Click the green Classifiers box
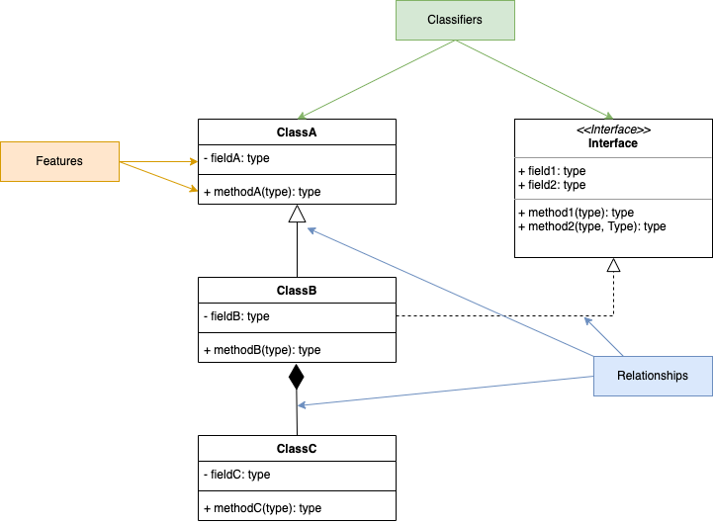455,20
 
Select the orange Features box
59,161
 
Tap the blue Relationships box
653,376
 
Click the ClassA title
297,131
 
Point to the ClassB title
297,291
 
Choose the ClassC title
297,449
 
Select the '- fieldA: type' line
236,158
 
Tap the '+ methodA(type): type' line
262,192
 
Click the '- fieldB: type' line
236,316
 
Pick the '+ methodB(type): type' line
262,350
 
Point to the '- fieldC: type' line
236,475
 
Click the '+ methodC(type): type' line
262,508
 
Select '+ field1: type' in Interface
552,171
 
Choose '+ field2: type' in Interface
552,185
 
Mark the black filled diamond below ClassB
297,378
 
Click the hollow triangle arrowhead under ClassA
297,214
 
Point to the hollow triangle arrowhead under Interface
613,265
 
